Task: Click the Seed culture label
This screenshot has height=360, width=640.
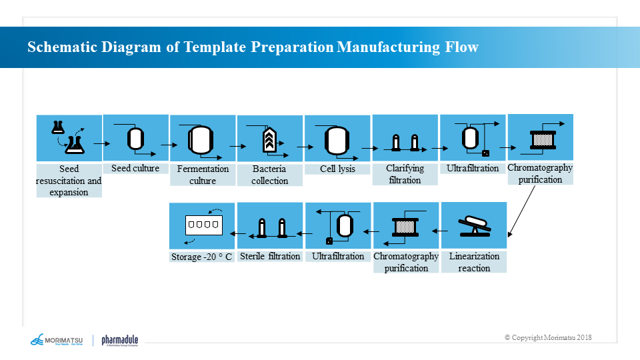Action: [x=135, y=168]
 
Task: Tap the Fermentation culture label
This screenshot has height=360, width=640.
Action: [x=203, y=175]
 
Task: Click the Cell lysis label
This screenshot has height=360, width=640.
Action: [x=337, y=169]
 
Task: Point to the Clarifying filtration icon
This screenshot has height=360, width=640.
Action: [x=405, y=142]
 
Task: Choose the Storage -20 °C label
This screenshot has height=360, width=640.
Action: [x=202, y=257]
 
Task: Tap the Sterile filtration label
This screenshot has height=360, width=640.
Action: [x=270, y=256]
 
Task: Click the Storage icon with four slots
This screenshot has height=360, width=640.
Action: [x=202, y=226]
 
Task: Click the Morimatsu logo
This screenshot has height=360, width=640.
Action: [x=56, y=341]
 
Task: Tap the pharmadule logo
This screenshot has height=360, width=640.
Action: [x=119, y=341]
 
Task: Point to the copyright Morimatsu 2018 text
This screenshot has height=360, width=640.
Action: [x=548, y=337]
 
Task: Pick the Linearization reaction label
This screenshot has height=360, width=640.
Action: [x=474, y=262]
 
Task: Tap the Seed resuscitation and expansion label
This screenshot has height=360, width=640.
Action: [x=69, y=181]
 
